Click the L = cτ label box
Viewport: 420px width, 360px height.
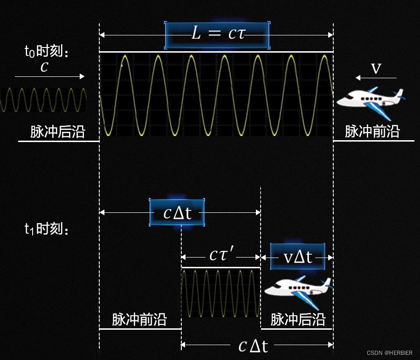click(217, 35)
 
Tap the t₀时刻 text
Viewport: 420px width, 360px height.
click(46, 51)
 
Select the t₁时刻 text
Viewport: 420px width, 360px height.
click(46, 229)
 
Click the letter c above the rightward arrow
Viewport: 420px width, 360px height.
click(44, 67)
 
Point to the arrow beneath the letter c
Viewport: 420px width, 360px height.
click(49, 76)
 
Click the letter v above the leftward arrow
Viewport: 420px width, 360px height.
click(376, 68)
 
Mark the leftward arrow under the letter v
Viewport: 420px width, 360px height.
click(376, 78)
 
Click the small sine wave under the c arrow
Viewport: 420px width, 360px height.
click(43, 100)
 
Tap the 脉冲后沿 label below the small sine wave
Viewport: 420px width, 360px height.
click(58, 132)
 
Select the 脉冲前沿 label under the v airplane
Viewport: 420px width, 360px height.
click(372, 132)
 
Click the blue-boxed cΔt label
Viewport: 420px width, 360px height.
click(177, 213)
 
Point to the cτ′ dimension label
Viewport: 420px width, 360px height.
click(221, 255)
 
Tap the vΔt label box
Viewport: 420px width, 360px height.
click(297, 256)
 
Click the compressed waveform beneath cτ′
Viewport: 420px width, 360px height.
click(220, 293)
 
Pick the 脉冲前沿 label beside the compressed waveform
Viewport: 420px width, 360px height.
click(139, 319)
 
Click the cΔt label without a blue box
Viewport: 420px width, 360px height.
click(253, 346)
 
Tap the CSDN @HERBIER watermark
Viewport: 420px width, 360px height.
click(389, 353)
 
